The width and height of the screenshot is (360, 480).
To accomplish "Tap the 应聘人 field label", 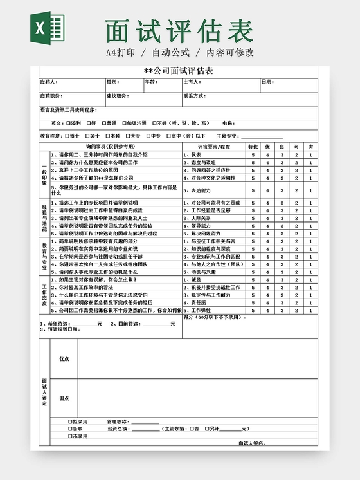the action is [49, 82].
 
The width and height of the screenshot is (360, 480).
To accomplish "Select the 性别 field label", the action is [112, 82].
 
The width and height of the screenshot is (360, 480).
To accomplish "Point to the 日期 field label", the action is [266, 82].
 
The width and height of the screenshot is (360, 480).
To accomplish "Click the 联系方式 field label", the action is [194, 96].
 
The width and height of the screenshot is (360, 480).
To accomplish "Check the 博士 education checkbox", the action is [68, 136].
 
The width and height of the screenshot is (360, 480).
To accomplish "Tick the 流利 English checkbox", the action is [68, 123].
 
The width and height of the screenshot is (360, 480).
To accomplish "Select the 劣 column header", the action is [310, 147].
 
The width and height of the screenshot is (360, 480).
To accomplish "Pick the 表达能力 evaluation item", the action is [197, 190].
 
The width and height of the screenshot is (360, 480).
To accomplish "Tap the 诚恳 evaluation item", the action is [192, 280].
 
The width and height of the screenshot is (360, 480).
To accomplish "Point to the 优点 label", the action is [64, 359].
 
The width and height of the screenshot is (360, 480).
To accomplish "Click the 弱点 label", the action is [64, 398].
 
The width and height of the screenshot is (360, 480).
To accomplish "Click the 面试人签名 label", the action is [251, 443].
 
